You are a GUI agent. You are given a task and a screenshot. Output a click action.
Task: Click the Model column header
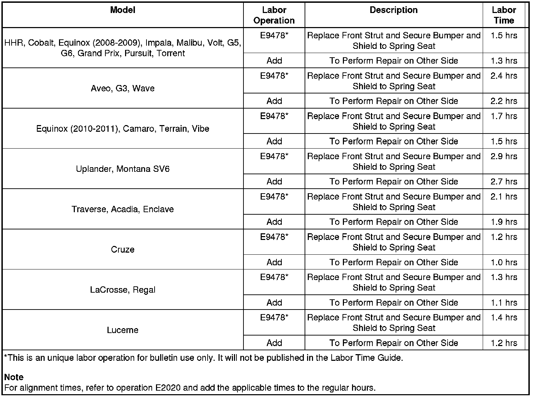[x=123, y=10]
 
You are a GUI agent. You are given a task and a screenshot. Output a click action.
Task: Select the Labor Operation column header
[x=274, y=15]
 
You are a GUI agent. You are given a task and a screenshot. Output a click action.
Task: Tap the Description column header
[x=393, y=10]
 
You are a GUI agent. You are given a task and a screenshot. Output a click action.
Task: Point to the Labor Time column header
[x=504, y=15]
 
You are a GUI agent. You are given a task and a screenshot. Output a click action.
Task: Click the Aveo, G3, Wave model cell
[x=123, y=88]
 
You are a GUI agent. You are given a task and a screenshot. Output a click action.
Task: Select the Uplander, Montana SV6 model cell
[x=123, y=169]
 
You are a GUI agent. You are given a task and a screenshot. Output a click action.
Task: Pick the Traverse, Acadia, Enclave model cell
[x=123, y=209]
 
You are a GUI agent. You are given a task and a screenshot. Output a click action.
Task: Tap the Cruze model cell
[x=123, y=249]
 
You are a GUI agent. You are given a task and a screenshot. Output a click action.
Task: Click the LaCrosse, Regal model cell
[x=123, y=290]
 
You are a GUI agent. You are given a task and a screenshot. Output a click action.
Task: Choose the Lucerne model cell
[x=123, y=330]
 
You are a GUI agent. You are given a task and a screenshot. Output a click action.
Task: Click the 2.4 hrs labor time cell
[x=504, y=76]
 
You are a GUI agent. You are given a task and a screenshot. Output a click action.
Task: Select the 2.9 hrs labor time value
[x=504, y=156]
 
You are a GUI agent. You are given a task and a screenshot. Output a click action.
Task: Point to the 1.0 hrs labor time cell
[x=504, y=262]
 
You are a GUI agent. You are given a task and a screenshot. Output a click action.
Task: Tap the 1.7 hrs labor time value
[x=504, y=116]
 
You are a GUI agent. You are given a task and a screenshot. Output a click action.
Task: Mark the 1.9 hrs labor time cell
[x=504, y=222]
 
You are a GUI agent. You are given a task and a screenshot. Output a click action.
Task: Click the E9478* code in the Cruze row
[x=274, y=237]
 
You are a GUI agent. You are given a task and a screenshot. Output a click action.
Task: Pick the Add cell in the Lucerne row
[x=274, y=343]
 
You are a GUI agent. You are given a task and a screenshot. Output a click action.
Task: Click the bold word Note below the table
[x=14, y=377]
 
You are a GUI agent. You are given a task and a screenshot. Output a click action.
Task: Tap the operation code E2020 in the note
[x=168, y=388]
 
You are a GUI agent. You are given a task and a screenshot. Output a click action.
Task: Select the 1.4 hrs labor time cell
[x=504, y=318]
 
